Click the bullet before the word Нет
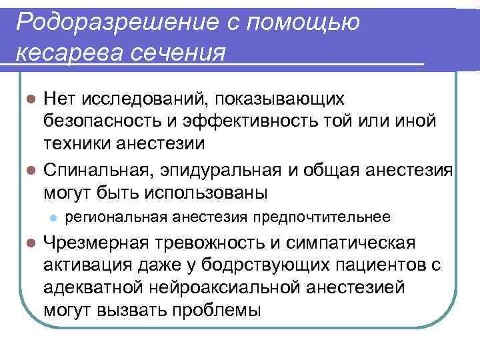29,100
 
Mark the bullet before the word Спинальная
29,167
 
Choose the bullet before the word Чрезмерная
29,241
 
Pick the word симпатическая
356,241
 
